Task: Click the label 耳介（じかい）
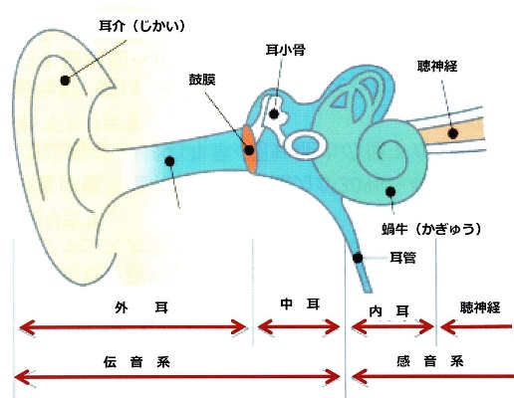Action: point(141,26)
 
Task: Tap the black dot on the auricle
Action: point(65,81)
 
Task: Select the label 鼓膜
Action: point(202,80)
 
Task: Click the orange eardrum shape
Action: point(250,148)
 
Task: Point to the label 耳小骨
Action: point(285,50)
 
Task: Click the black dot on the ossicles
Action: point(274,114)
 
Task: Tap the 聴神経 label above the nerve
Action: point(437,67)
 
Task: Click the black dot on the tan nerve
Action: point(453,133)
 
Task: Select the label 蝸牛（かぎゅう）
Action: point(431,229)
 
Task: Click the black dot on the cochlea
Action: point(390,191)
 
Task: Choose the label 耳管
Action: point(402,258)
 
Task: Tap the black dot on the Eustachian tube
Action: point(358,258)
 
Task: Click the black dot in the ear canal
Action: point(169,161)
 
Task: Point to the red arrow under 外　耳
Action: point(132,327)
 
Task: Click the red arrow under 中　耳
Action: point(299,327)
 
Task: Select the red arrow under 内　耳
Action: point(392,327)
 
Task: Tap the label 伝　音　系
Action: point(136,362)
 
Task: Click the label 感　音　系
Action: point(430,361)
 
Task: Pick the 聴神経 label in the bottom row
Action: point(480,307)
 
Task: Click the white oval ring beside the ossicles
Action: point(306,145)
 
